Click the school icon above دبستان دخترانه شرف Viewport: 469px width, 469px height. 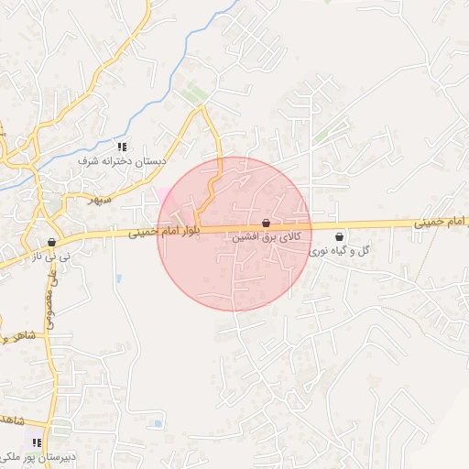[121, 147]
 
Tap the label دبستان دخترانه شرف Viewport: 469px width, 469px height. [122, 160]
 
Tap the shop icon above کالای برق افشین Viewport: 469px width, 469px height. [266, 223]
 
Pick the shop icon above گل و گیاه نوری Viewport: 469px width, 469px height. [339, 236]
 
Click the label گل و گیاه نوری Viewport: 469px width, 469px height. [339, 249]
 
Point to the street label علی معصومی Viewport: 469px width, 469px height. [47, 293]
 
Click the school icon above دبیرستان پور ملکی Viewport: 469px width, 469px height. [37, 442]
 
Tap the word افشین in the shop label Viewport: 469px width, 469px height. [245, 236]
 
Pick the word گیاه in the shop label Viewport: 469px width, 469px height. [341, 249]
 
